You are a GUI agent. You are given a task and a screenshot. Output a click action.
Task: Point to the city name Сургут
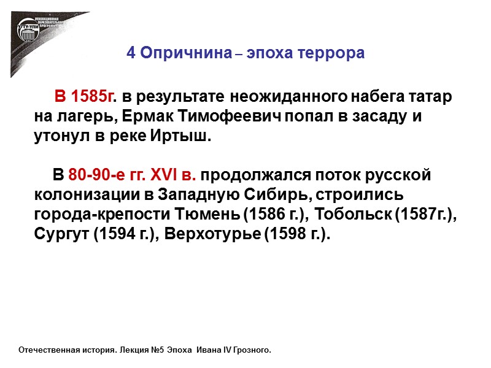coord(61,234)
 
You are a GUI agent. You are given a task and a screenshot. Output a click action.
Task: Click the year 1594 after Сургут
coord(111,234)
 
